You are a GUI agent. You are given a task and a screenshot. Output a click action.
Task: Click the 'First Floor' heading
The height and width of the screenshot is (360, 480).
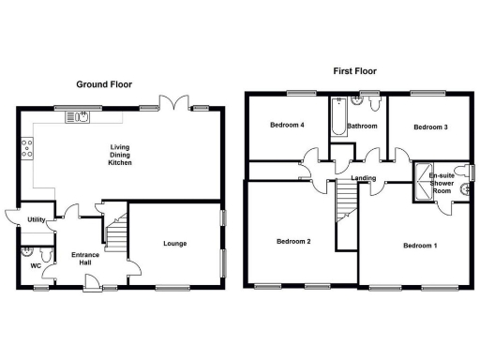[x=355, y=70]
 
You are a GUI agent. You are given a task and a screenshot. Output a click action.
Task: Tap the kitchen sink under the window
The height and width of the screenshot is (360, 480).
[x=76, y=117]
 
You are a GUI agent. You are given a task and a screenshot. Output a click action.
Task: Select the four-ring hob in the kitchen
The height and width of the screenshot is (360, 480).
[x=27, y=146]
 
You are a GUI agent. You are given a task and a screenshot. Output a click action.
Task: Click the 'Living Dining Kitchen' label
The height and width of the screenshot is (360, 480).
[x=120, y=155]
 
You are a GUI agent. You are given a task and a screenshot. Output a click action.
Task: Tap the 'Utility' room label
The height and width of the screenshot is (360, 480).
[x=37, y=219]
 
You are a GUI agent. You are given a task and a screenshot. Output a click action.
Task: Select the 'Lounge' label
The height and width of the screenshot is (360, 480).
[x=174, y=243]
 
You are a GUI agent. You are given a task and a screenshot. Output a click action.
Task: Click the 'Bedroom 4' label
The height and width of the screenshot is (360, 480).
[x=287, y=126]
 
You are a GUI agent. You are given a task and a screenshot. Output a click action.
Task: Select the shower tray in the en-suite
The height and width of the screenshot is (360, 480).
[x=424, y=187]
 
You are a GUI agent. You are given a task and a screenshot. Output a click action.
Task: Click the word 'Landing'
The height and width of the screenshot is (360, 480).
[x=364, y=178]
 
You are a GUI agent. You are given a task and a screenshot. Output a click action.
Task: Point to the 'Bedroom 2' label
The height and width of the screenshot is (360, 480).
[x=292, y=241]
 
